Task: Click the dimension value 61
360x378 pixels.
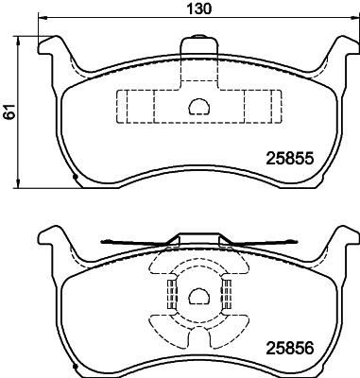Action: click(9, 112)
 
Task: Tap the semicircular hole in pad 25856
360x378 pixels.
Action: click(199, 299)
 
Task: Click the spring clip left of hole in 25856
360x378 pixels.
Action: click(171, 298)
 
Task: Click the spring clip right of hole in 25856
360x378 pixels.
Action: click(228, 298)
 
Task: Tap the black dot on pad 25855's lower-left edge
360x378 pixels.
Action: click(74, 177)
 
